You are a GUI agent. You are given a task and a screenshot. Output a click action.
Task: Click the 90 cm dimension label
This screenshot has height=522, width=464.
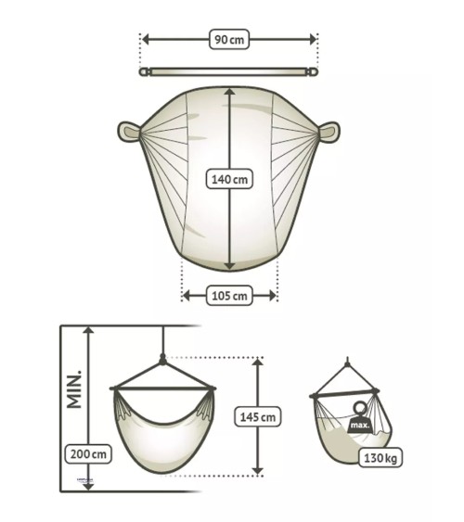click(228, 40)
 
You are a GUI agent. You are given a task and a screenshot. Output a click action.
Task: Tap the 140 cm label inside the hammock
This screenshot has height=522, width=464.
click(228, 179)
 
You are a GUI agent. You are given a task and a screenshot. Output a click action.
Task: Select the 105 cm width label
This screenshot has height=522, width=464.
click(228, 296)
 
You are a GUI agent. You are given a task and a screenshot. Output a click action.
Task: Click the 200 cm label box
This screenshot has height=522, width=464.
click(88, 453)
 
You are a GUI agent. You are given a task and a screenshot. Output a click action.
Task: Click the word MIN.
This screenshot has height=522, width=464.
click(73, 388)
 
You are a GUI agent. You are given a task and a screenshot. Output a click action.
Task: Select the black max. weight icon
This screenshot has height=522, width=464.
click(359, 422)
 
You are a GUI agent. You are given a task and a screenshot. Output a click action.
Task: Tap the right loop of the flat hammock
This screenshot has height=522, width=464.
click(329, 131)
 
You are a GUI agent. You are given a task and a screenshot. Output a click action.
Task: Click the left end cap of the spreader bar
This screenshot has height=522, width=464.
click(144, 70)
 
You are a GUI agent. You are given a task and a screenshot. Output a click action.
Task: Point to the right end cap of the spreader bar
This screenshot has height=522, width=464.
click(314, 70)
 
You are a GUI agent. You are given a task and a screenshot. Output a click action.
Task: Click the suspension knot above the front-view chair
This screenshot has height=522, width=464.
click(162, 358)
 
